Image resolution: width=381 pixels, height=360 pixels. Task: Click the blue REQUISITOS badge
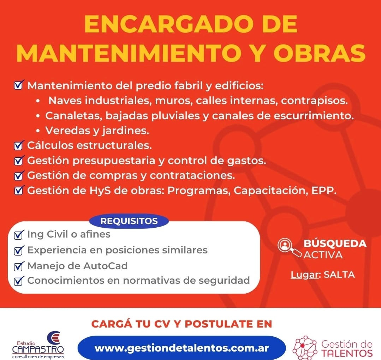[x=129, y=221]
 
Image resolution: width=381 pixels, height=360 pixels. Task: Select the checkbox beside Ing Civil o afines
[x=18, y=235]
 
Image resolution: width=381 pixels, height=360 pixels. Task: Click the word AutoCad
[x=105, y=265]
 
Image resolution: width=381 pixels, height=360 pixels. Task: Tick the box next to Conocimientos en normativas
[x=18, y=281]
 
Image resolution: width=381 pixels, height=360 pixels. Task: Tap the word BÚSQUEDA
[x=335, y=244]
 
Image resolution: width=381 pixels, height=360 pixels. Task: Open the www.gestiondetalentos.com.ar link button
[x=181, y=348]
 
